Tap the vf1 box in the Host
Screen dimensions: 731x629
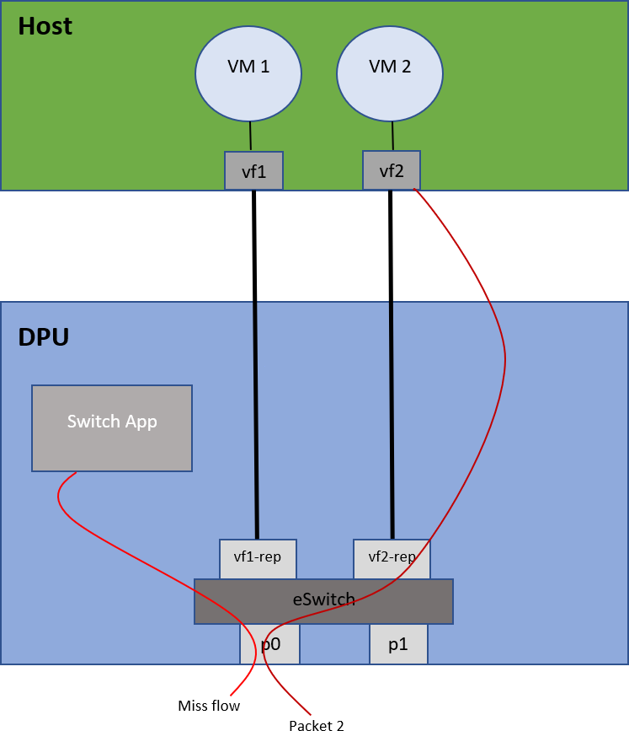coord(253,170)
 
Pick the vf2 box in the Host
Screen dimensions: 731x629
coord(391,169)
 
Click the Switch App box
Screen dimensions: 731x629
coord(112,427)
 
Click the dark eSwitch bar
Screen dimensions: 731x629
coord(323,601)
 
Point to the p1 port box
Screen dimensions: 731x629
coord(398,645)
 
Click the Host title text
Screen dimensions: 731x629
coord(45,26)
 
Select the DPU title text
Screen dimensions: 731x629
coord(43,337)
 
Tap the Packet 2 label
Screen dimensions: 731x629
coord(316,723)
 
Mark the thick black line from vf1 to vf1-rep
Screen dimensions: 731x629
coord(254,363)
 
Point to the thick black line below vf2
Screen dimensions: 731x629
coord(391,363)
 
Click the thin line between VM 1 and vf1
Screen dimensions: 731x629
coord(250,136)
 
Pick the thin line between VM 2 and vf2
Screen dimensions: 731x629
coord(392,135)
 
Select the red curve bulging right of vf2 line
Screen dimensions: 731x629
coord(504,354)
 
